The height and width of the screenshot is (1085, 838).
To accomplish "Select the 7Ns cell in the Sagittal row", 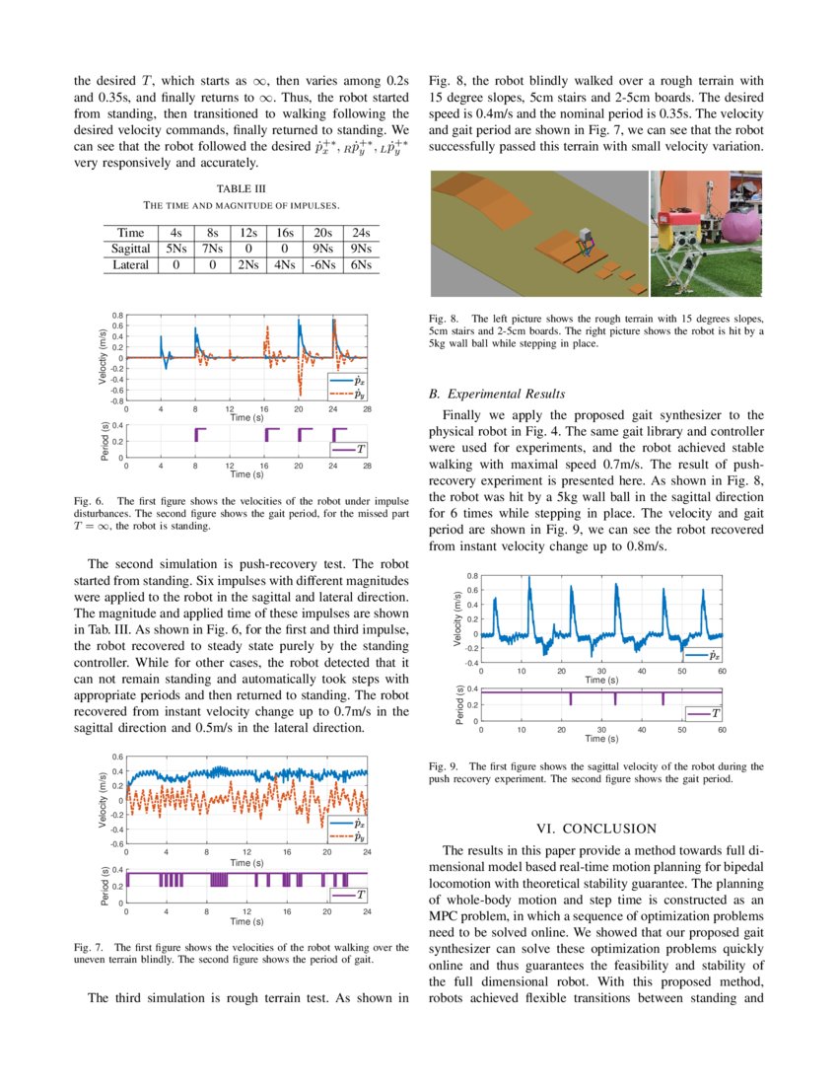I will pyautogui.click(x=210, y=249).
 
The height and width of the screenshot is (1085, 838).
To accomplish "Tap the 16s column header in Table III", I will pyautogui.click(x=286, y=233).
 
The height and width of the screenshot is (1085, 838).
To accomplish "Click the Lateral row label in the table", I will pyautogui.click(x=130, y=264).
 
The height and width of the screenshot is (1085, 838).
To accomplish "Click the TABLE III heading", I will pyautogui.click(x=242, y=187).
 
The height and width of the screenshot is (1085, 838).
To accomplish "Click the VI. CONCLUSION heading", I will pyautogui.click(x=594, y=828).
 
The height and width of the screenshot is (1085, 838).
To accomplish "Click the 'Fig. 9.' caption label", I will pyautogui.click(x=444, y=765).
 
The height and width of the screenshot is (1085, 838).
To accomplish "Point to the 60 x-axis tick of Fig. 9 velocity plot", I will pyautogui.click(x=722, y=671).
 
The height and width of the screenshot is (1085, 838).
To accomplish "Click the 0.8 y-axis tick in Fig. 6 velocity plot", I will pyautogui.click(x=116, y=315).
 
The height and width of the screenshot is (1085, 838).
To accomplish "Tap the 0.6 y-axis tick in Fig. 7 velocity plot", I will pyautogui.click(x=116, y=757).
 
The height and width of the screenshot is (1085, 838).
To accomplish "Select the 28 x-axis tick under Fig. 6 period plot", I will pyautogui.click(x=367, y=466).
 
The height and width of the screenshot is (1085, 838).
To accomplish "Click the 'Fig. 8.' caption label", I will pyautogui.click(x=444, y=319).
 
